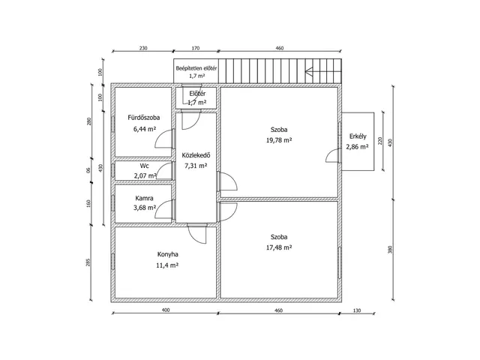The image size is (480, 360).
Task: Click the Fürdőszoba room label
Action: [x=143, y=118]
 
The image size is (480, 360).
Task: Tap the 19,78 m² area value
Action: [x=279, y=140]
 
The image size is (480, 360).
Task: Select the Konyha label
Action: [x=168, y=254]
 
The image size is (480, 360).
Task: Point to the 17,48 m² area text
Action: [x=279, y=247]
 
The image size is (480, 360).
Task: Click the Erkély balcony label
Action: [x=358, y=136]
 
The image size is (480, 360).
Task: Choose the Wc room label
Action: [x=145, y=166]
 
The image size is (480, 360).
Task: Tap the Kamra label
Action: [x=144, y=198]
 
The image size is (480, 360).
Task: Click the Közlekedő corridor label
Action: [x=196, y=155]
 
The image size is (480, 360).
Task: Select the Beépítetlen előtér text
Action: [x=196, y=68]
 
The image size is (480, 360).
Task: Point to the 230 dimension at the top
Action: [x=143, y=48]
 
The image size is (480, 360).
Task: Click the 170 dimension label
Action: [x=196, y=48]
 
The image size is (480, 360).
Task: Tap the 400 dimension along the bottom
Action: [x=165, y=310]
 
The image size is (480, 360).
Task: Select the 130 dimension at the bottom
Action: [x=357, y=310]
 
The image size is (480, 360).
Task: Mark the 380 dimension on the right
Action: [x=390, y=250]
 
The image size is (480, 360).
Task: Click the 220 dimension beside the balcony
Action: [x=380, y=141]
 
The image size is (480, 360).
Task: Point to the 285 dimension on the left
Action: [x=88, y=262]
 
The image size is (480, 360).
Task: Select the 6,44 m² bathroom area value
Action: [x=145, y=129]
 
